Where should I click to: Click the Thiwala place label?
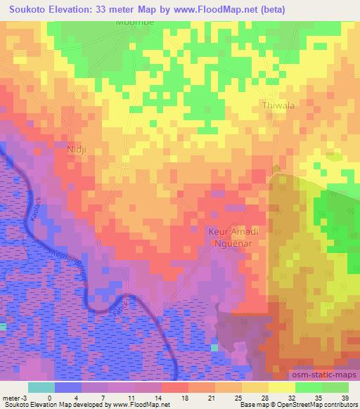[x=278, y=105]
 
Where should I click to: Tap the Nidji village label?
[x=75, y=150]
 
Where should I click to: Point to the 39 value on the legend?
[x=344, y=398]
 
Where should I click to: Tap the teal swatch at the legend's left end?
[x=41, y=387]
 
